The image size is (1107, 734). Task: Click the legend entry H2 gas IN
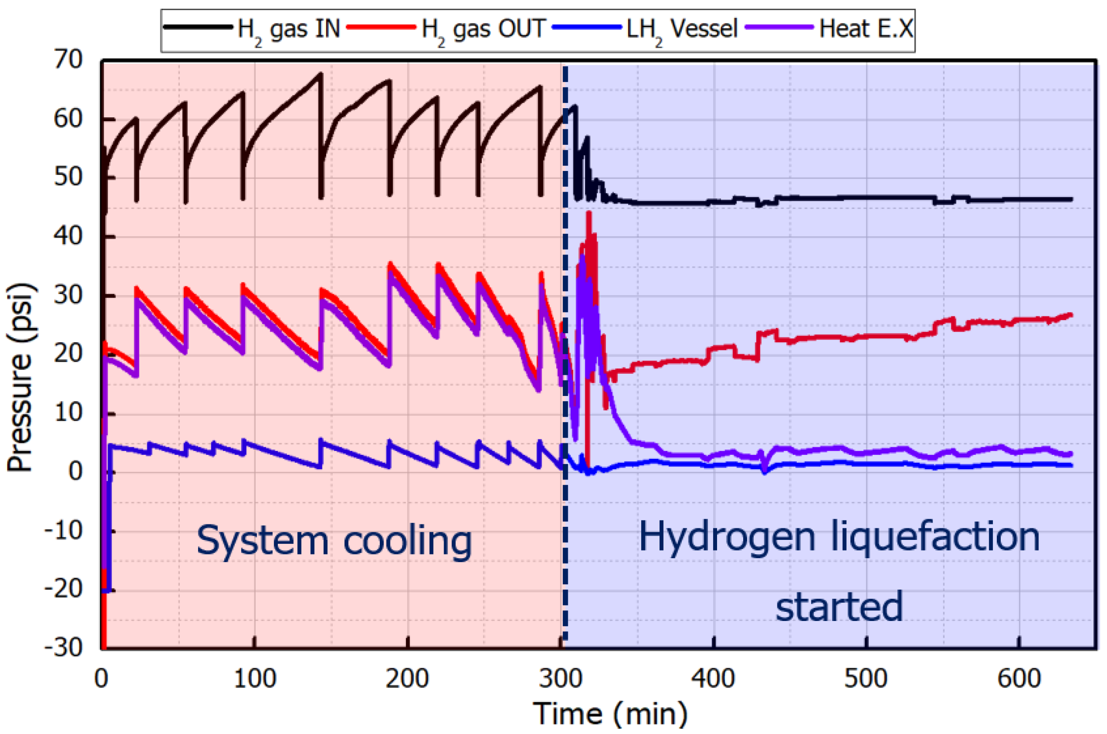coord(288,29)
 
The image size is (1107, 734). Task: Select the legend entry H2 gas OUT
coord(483,29)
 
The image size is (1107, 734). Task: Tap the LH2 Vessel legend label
coord(681,29)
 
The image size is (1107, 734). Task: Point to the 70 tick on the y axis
coord(68,60)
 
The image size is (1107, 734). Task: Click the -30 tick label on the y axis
coord(63,648)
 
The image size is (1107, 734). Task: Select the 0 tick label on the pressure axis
coord(75,472)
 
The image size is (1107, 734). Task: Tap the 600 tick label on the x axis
coord(1019,678)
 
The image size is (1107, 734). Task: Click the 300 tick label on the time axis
coord(561,678)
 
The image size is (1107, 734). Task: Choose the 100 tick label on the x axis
coord(255,678)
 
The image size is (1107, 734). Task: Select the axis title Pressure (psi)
coord(21,377)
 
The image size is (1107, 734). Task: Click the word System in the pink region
coord(262,541)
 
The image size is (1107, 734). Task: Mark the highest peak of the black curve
coord(320,74)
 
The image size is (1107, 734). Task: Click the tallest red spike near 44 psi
coord(589,213)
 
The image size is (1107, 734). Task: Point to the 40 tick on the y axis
coord(68,237)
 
